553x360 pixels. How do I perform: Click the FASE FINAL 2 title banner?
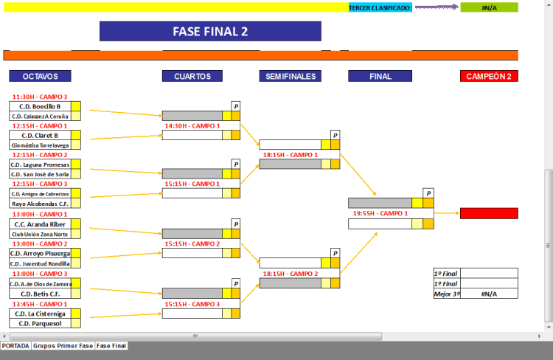point(210,31)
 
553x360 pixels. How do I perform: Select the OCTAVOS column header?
point(40,76)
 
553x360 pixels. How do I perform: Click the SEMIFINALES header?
point(291,76)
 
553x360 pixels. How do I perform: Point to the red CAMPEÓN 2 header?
point(489,76)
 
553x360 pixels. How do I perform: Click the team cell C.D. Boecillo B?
point(40,106)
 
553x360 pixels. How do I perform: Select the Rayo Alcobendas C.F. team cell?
point(40,204)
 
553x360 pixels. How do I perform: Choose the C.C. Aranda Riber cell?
point(40,224)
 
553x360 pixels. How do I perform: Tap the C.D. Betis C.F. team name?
point(40,293)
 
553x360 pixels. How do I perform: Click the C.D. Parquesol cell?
point(40,323)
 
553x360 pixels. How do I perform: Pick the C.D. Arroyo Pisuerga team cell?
point(40,253)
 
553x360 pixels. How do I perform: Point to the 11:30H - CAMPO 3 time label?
point(40,97)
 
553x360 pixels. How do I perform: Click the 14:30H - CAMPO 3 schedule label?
point(192,126)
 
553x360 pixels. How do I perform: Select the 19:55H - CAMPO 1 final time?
point(380,213)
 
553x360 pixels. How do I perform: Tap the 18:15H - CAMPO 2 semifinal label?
point(290,274)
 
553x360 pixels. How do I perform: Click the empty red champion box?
point(489,213)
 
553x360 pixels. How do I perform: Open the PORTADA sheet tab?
point(15,345)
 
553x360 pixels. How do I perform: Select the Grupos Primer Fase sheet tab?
point(63,345)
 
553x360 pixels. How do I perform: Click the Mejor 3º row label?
point(447,294)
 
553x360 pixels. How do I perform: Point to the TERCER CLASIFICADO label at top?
point(380,7)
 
